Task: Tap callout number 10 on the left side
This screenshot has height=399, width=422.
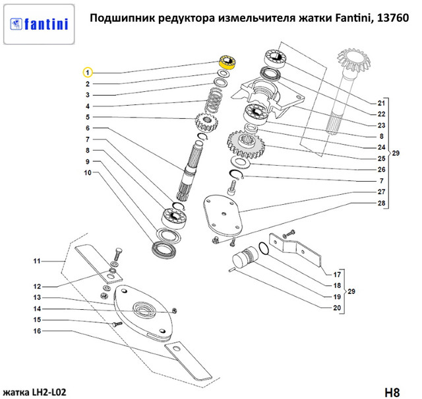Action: point(87,173)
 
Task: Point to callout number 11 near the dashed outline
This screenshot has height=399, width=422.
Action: point(37,262)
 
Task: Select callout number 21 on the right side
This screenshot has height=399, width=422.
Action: point(380,103)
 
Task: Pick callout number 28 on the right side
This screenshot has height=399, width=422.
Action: point(380,202)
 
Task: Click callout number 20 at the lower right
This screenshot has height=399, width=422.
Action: point(336,308)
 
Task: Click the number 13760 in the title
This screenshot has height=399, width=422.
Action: point(396,18)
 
